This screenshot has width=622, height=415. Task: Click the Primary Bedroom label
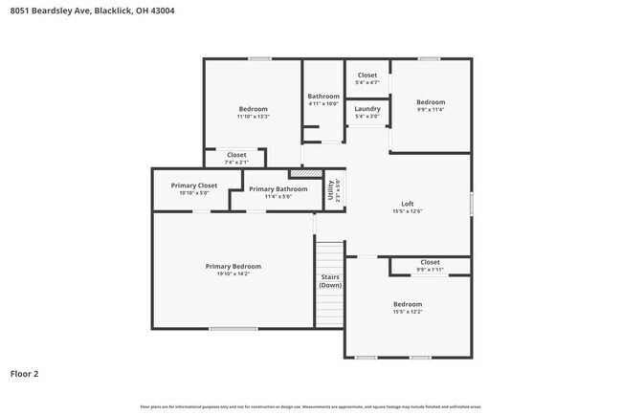[233, 266]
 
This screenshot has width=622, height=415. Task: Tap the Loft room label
[407, 204]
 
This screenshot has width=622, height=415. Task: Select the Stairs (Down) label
[330, 281]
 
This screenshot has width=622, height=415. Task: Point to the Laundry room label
[367, 109]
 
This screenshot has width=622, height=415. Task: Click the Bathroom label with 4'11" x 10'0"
[323, 97]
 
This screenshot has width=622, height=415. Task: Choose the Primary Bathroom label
[278, 189]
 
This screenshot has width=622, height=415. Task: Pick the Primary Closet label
[194, 186]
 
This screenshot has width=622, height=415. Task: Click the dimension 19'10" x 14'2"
[233, 274]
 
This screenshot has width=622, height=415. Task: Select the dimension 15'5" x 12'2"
[407, 312]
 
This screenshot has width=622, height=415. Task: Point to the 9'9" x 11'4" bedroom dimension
[431, 110]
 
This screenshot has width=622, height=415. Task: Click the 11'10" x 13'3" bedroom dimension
[254, 117]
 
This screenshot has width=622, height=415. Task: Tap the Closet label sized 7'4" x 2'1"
[236, 155]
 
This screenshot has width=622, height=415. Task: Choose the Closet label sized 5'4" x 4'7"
[367, 76]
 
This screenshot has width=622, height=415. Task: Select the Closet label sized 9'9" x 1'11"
[430, 262]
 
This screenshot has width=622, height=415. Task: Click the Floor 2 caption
[24, 374]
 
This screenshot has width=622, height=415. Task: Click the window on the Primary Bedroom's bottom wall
[233, 329]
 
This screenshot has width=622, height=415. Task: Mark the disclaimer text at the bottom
[311, 405]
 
